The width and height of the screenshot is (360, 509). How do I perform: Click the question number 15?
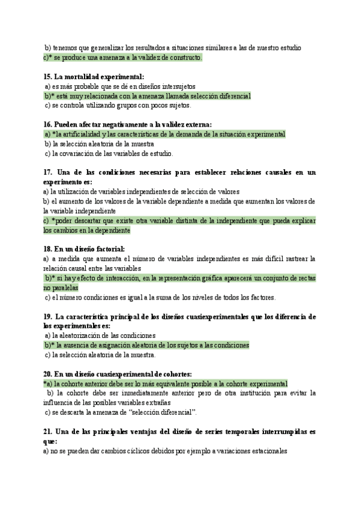pyautogui.click(x=47, y=77)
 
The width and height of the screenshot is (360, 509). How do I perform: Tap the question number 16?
pyautogui.click(x=47, y=125)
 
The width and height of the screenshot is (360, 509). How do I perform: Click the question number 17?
pyautogui.click(x=47, y=172)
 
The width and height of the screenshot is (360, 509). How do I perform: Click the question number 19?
pyautogui.click(x=47, y=316)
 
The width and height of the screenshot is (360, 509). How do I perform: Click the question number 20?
pyautogui.click(x=47, y=374)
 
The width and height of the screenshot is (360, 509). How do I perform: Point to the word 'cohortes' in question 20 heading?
pyautogui.click(x=173, y=374)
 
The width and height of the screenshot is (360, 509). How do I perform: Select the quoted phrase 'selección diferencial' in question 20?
pyautogui.click(x=163, y=412)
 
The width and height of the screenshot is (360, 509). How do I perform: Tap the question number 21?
pyautogui.click(x=47, y=432)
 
